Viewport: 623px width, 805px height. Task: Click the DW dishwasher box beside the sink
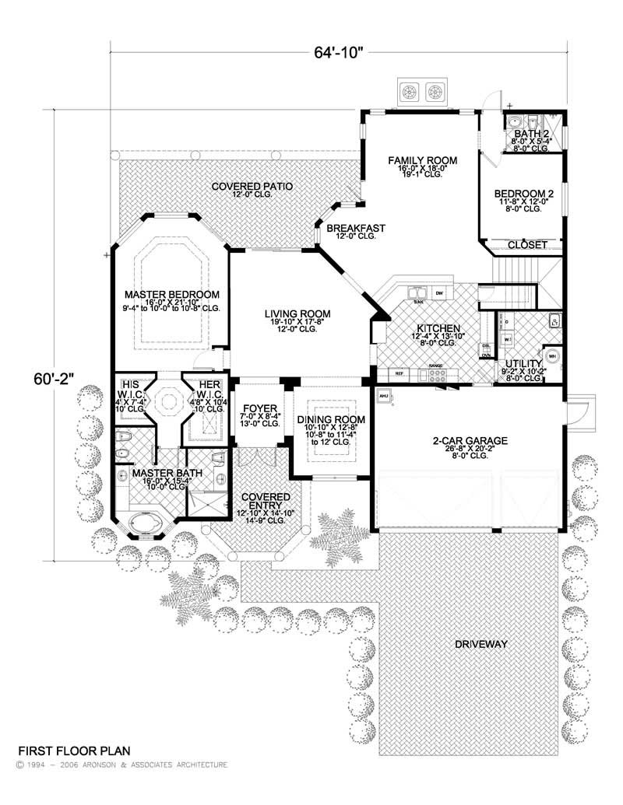point(440,293)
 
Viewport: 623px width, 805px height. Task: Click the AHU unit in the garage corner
point(383,396)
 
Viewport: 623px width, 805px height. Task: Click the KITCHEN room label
point(438,328)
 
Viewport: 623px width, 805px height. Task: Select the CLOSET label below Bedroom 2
point(527,245)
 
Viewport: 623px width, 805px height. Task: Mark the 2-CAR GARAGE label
point(470,441)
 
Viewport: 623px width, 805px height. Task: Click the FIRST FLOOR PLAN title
point(74,751)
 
